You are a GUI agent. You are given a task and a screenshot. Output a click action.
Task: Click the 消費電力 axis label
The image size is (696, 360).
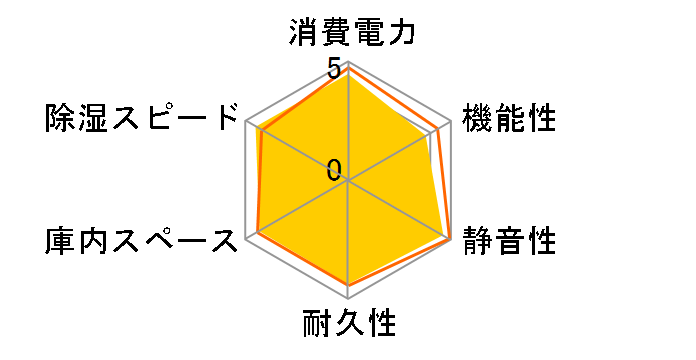(348, 32)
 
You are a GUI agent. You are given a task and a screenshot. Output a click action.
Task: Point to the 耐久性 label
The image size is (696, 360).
(348, 325)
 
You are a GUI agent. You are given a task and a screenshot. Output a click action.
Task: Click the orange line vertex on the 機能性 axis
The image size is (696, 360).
(438, 128)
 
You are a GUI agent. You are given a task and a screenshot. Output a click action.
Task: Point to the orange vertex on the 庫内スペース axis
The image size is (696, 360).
(258, 232)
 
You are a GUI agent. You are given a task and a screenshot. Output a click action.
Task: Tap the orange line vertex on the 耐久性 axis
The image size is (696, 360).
(348, 286)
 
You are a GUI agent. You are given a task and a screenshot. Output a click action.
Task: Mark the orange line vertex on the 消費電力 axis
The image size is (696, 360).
(348, 67)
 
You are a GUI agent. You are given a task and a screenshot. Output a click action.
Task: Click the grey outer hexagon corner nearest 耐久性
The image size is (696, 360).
(348, 298)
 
